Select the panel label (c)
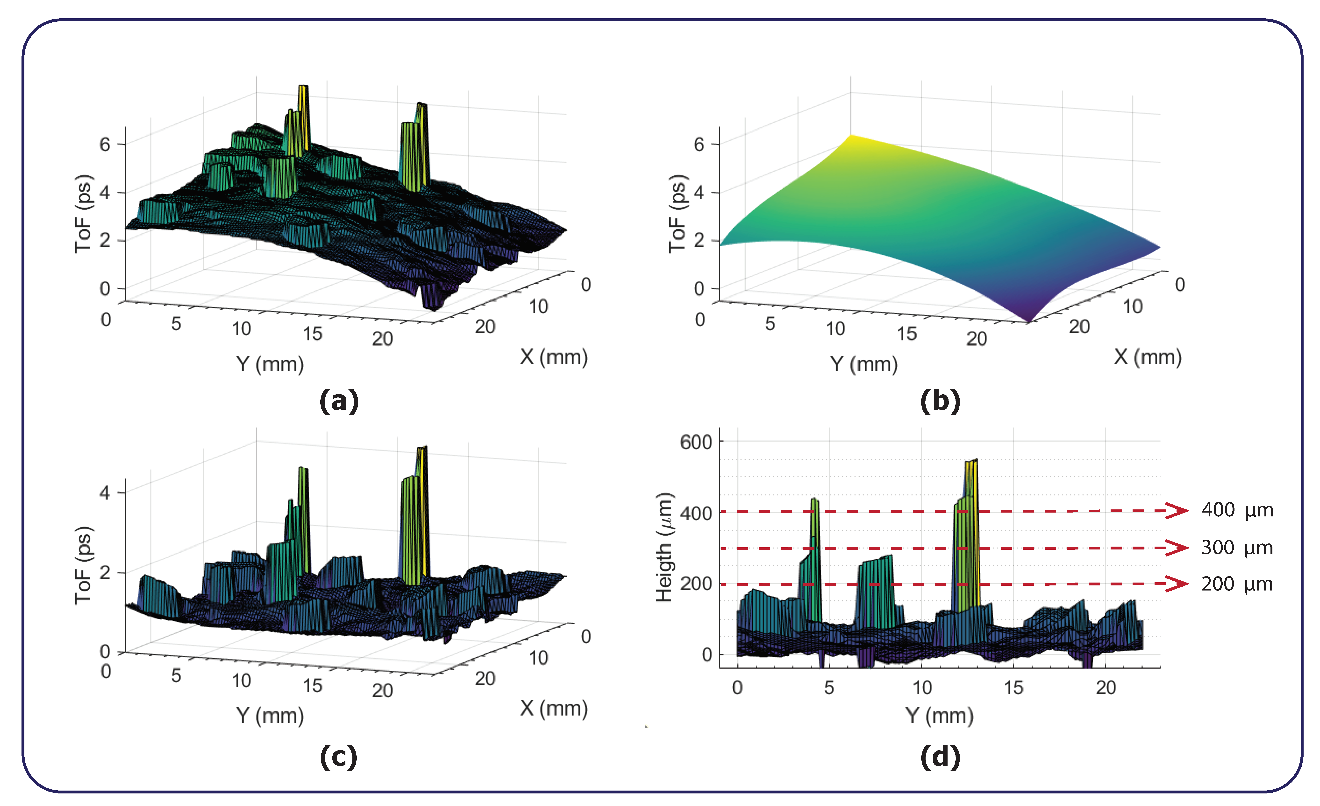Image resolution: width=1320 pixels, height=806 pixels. pos(339,757)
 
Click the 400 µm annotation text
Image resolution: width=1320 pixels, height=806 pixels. pos(1237,510)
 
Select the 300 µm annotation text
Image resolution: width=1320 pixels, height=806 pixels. pos(1237,547)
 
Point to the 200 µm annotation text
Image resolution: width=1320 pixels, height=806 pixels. pos(1237,584)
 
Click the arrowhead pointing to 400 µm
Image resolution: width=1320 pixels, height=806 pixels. pos(1178,511)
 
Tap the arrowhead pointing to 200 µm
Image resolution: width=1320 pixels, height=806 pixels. pos(1178,584)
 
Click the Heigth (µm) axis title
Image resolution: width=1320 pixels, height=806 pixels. pos(664,547)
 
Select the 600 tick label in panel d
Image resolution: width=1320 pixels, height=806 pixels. pos(696,442)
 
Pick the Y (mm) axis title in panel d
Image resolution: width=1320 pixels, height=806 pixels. pos(939,716)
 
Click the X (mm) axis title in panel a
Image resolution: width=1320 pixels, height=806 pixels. pos(553,357)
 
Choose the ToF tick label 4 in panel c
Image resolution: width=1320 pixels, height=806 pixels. pos(104,493)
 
